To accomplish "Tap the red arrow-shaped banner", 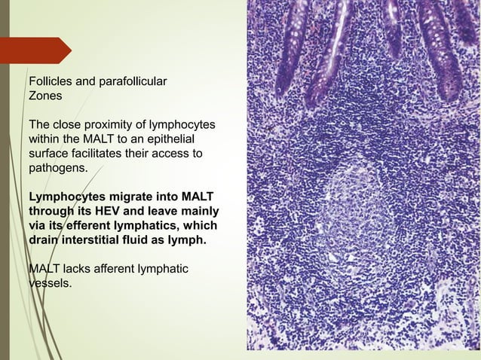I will coord(38,50).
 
